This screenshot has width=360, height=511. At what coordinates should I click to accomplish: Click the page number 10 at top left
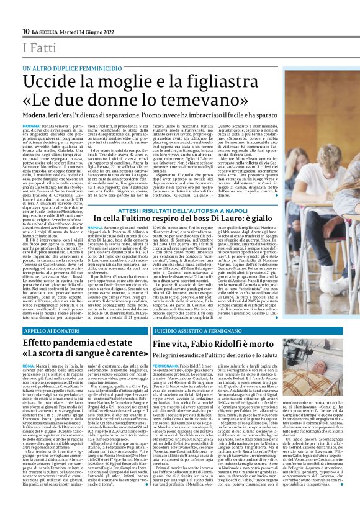click(25, 32)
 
